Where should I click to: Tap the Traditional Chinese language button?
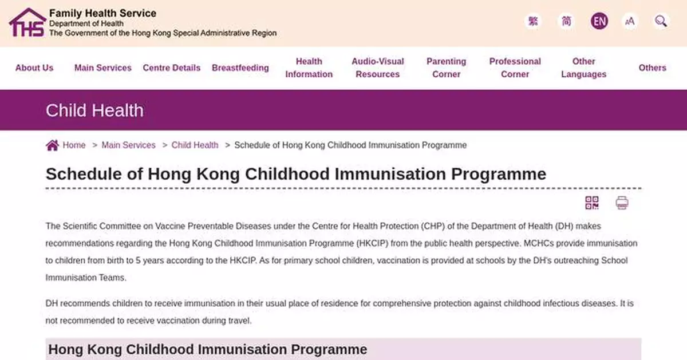(x=533, y=22)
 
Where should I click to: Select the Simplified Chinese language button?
(x=566, y=22)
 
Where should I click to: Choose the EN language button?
(x=599, y=22)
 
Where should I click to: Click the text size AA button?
(x=630, y=22)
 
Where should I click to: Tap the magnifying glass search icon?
(x=661, y=22)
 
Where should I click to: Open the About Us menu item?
(x=34, y=68)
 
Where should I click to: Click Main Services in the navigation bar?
(x=103, y=68)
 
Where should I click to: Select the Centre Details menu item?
(x=172, y=68)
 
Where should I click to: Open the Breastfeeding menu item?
(x=240, y=68)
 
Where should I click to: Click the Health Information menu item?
(x=309, y=68)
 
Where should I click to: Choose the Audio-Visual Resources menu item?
(x=378, y=68)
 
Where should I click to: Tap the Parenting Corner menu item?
(x=447, y=68)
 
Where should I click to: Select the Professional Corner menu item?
(x=515, y=68)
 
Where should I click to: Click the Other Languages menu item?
(x=584, y=68)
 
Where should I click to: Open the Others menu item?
(x=653, y=68)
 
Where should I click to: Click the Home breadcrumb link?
(x=74, y=145)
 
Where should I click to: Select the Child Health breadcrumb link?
(x=195, y=145)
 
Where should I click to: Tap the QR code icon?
(x=592, y=203)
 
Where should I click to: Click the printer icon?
(x=622, y=203)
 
